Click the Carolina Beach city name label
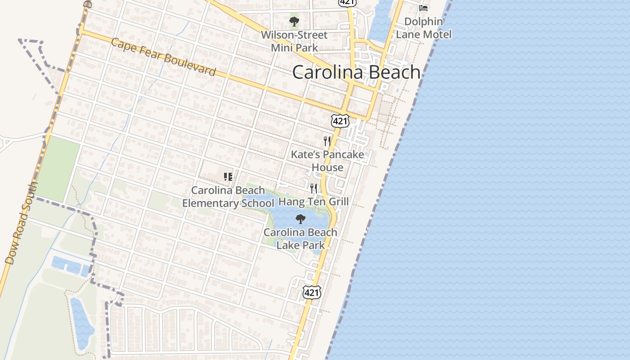356,72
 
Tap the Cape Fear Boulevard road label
163,57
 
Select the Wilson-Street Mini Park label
294,41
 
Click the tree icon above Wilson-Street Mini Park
294,21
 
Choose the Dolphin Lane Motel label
423,28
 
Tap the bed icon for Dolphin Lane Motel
423,8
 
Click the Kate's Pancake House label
327,161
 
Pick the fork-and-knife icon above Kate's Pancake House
327,141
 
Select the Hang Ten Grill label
314,201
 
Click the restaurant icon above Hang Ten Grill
314,188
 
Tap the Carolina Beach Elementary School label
228,197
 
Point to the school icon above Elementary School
228,177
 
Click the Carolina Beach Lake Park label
300,238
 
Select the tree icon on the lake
300,219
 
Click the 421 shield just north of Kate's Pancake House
340,120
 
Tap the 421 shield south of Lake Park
311,292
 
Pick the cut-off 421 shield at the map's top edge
348,2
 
